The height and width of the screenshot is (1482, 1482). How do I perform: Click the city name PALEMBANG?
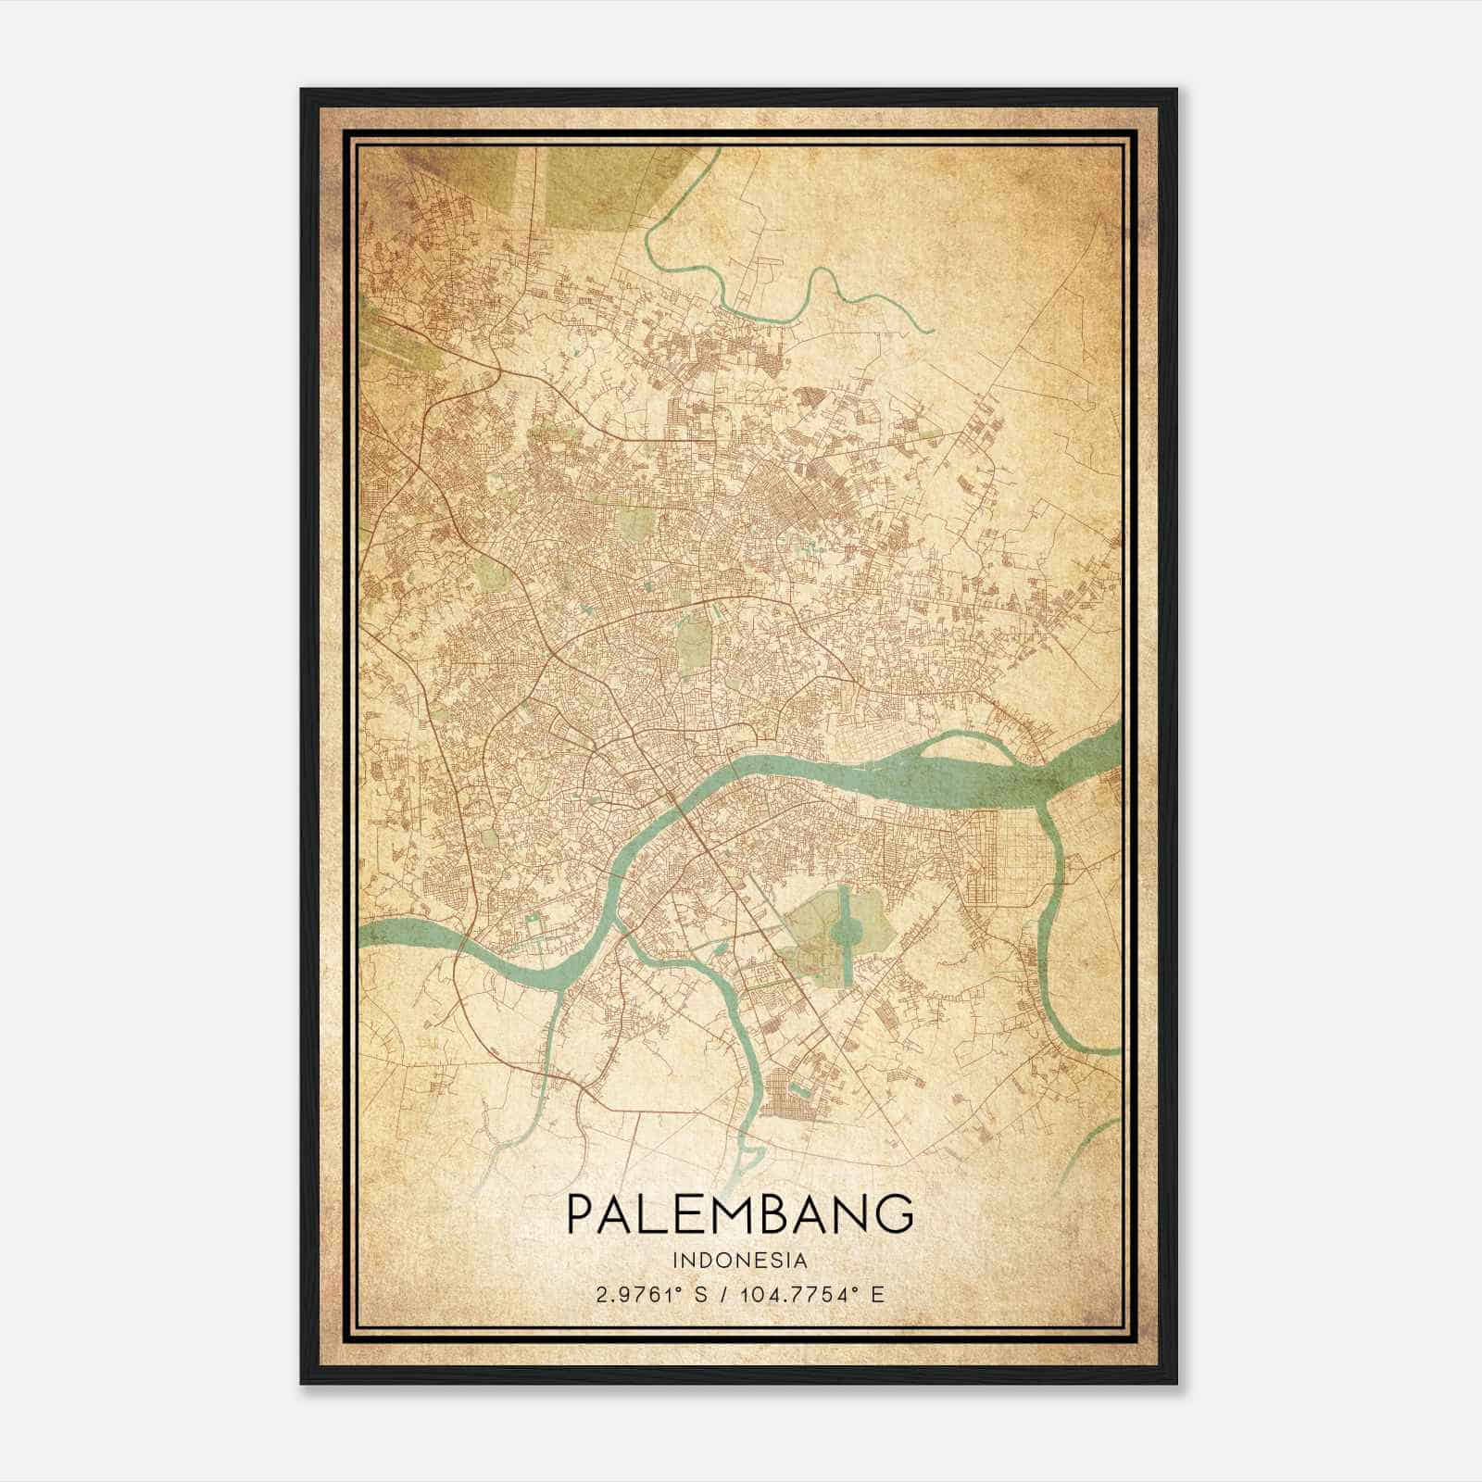coord(740,1212)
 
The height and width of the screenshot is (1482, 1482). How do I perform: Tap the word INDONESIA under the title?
coord(740,1261)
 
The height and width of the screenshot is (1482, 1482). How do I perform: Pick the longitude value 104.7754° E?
coord(812,1294)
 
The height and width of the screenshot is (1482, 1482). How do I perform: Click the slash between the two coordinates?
coord(722,1294)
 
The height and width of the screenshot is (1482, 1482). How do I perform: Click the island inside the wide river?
coord(991,752)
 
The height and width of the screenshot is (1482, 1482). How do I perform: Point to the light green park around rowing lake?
coord(815,926)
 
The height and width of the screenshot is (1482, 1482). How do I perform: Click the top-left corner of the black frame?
coord(303,91)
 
